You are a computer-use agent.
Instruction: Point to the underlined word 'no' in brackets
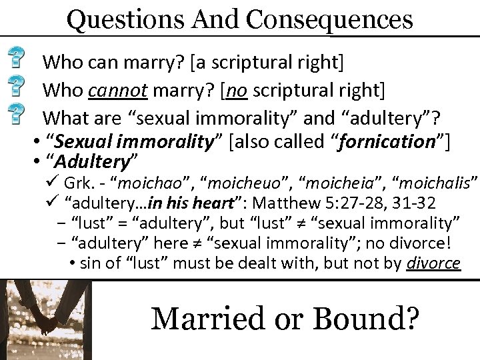[235, 89]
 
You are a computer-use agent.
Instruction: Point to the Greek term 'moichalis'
[439, 183]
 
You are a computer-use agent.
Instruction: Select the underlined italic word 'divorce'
[433, 263]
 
